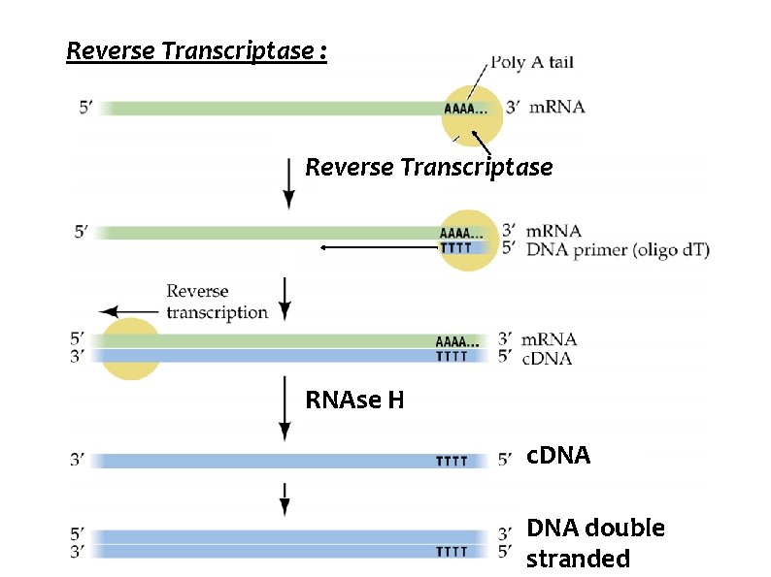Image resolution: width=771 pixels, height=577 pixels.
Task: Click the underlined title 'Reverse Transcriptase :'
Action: click(x=196, y=50)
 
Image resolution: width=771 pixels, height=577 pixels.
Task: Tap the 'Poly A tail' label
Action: click(x=531, y=63)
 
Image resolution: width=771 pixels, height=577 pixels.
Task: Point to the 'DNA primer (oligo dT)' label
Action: click(x=618, y=250)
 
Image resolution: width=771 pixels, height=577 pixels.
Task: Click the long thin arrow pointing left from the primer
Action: click(x=379, y=248)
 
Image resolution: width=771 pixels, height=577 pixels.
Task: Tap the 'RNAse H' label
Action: click(x=354, y=400)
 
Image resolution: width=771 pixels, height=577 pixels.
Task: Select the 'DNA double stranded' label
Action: click(x=595, y=543)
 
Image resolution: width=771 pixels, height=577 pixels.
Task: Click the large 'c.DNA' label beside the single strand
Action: click(x=557, y=456)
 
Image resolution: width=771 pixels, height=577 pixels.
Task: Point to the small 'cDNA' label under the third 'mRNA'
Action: click(x=547, y=358)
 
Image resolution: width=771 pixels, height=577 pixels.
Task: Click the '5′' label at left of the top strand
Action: click(x=87, y=109)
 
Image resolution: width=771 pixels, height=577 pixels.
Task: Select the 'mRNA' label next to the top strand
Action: click(x=556, y=107)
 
